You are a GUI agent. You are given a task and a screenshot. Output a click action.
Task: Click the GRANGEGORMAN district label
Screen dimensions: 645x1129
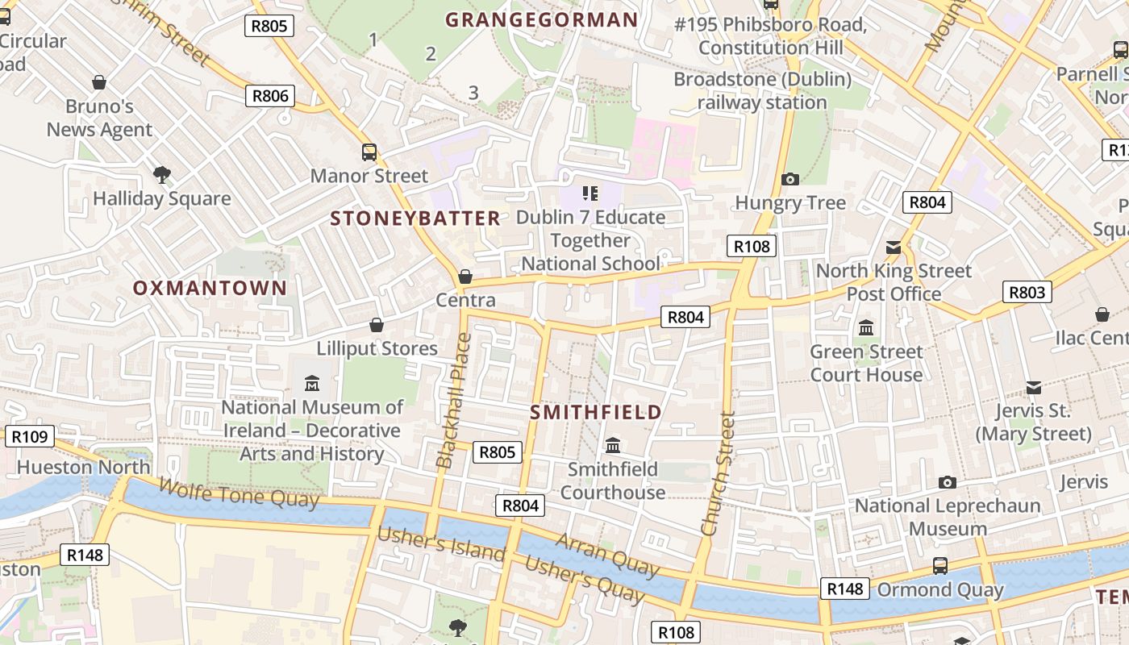(x=541, y=20)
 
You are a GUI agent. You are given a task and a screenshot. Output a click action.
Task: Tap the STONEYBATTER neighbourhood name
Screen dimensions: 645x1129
(x=415, y=218)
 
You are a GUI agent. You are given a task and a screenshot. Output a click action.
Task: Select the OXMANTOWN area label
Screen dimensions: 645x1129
(x=210, y=288)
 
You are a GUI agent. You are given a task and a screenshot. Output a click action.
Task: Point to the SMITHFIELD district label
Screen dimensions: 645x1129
(x=596, y=413)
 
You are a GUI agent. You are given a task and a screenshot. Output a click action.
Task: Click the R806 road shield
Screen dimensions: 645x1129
(x=269, y=97)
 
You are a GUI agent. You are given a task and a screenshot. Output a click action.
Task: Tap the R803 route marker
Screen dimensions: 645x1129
(x=1027, y=292)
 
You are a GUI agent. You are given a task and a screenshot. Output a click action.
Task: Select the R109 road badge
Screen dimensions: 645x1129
(x=30, y=437)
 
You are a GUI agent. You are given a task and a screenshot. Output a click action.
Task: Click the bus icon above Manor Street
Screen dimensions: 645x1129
(x=369, y=152)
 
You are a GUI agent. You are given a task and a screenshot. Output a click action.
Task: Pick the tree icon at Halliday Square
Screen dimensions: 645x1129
(x=162, y=174)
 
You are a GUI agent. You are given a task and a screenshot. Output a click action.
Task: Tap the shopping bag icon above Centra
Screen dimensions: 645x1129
(x=465, y=277)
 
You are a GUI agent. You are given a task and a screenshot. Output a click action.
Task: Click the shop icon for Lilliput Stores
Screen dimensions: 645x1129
(x=376, y=325)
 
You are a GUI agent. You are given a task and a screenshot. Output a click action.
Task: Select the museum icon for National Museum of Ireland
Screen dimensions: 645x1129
(x=312, y=383)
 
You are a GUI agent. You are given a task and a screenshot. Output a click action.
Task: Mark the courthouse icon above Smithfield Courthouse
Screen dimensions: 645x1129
(x=613, y=445)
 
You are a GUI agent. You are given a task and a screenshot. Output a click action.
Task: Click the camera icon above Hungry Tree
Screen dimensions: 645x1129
(x=790, y=179)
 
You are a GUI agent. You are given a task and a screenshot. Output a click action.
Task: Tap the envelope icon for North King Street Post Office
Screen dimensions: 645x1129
(x=894, y=247)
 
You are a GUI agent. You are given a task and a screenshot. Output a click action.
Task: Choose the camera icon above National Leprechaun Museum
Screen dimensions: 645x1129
(x=948, y=482)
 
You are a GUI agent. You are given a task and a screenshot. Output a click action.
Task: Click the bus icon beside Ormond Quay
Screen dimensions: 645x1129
(x=940, y=566)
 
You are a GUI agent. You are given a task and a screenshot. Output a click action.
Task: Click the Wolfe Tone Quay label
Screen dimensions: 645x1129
(x=239, y=493)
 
